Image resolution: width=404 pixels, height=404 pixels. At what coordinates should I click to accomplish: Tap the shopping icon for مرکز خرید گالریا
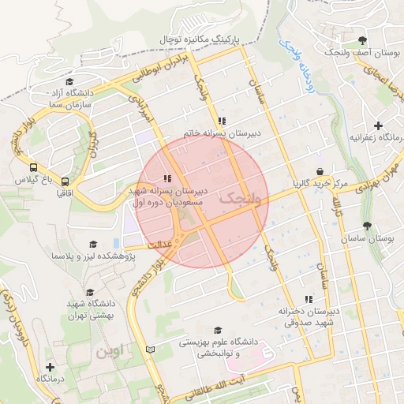point(319,172)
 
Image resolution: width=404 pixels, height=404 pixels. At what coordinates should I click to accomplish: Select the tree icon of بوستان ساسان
point(368,226)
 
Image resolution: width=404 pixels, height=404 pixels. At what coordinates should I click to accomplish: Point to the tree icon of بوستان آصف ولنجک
point(362,40)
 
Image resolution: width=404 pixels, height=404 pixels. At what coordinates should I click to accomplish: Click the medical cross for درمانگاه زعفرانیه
point(379,125)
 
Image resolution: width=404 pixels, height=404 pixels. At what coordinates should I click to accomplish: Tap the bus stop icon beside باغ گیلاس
point(33,168)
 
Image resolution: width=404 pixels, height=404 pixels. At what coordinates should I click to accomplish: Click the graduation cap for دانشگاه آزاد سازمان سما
point(69,82)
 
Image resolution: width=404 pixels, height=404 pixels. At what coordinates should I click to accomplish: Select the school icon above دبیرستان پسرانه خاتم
point(222,122)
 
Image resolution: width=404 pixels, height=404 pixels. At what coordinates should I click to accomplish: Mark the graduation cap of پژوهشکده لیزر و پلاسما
point(93,245)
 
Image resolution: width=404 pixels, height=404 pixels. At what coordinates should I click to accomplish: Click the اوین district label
point(110,352)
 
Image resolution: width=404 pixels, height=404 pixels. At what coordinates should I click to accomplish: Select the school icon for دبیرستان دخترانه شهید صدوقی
point(309,299)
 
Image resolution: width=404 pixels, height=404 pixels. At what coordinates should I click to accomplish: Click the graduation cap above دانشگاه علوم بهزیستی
point(218,331)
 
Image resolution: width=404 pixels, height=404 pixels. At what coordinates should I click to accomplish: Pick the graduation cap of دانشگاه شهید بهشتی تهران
point(89,292)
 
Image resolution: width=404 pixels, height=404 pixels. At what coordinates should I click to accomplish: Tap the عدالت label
point(156,245)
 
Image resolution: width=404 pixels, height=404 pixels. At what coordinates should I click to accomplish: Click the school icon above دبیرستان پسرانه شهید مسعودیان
point(166,178)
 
